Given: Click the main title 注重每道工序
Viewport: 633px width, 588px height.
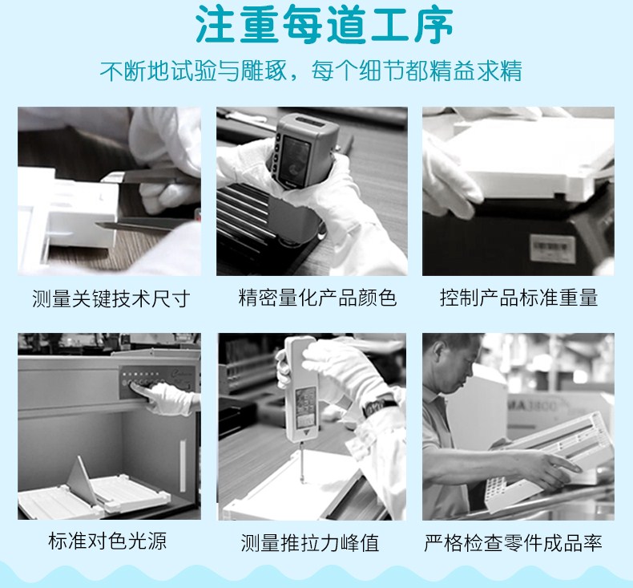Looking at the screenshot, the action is pos(325,25).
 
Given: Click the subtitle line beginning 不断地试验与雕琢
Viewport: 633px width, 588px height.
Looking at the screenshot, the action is pos(311,71).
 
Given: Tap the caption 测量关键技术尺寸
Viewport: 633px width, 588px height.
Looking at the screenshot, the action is pos(111,298).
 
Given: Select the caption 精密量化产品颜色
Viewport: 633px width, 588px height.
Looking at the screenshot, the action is pos(317,298).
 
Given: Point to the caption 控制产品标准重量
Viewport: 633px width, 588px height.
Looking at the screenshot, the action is pos(518,298).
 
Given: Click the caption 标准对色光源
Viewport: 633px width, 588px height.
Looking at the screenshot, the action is pos(107,541).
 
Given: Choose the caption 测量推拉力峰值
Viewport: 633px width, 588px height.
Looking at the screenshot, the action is pos(310,543).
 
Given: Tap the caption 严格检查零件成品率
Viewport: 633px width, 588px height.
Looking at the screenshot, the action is pos(513,543).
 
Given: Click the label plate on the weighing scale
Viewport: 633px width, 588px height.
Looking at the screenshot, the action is pos(552,247).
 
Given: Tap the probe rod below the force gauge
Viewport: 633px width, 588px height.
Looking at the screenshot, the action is pos(301,461).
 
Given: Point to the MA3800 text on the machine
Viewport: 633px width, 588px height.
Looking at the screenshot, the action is pos(532,404).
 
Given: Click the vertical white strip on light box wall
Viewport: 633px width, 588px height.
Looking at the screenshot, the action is pos(183,465).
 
